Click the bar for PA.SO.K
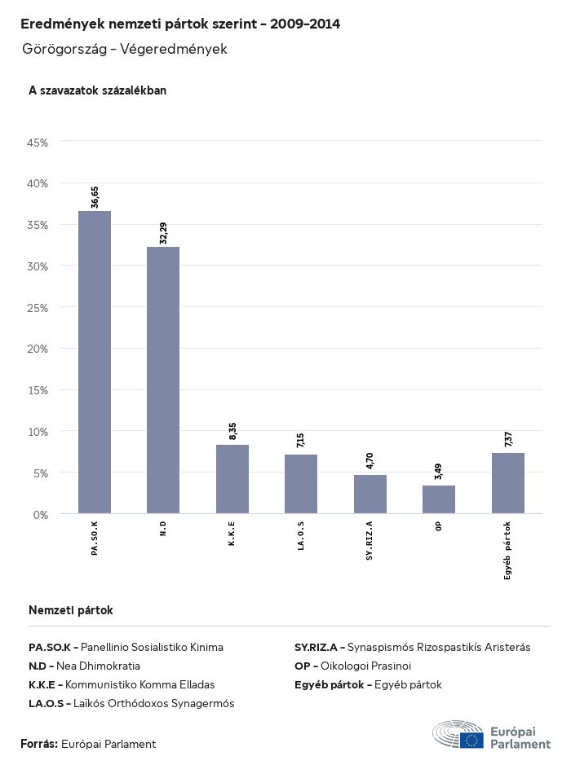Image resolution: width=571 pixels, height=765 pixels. coord(95,363)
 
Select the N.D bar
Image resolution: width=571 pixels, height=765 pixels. coord(163,380)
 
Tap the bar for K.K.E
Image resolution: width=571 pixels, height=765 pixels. coord(232,479)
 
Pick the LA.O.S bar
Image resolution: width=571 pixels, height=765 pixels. coord(301,484)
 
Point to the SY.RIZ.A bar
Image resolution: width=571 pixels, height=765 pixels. coord(370,495)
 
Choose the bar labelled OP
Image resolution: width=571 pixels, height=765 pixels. coord(439,499)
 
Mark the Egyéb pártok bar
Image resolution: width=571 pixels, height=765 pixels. coord(508,483)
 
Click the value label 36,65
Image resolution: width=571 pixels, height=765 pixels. coord(95,197)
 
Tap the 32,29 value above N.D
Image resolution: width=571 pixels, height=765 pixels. coord(163,233)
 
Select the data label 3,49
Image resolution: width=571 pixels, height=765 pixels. coord(439,472)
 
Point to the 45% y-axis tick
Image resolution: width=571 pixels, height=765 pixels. coord(38,143)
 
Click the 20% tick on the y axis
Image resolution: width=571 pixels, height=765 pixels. coord(38,349)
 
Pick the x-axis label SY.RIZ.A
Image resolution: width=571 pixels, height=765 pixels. coord(370,539)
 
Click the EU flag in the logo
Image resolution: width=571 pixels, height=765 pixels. coord(471,740)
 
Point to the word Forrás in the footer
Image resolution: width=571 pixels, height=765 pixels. coord(38,744)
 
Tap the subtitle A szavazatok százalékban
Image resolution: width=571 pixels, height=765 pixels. coord(98,90)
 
